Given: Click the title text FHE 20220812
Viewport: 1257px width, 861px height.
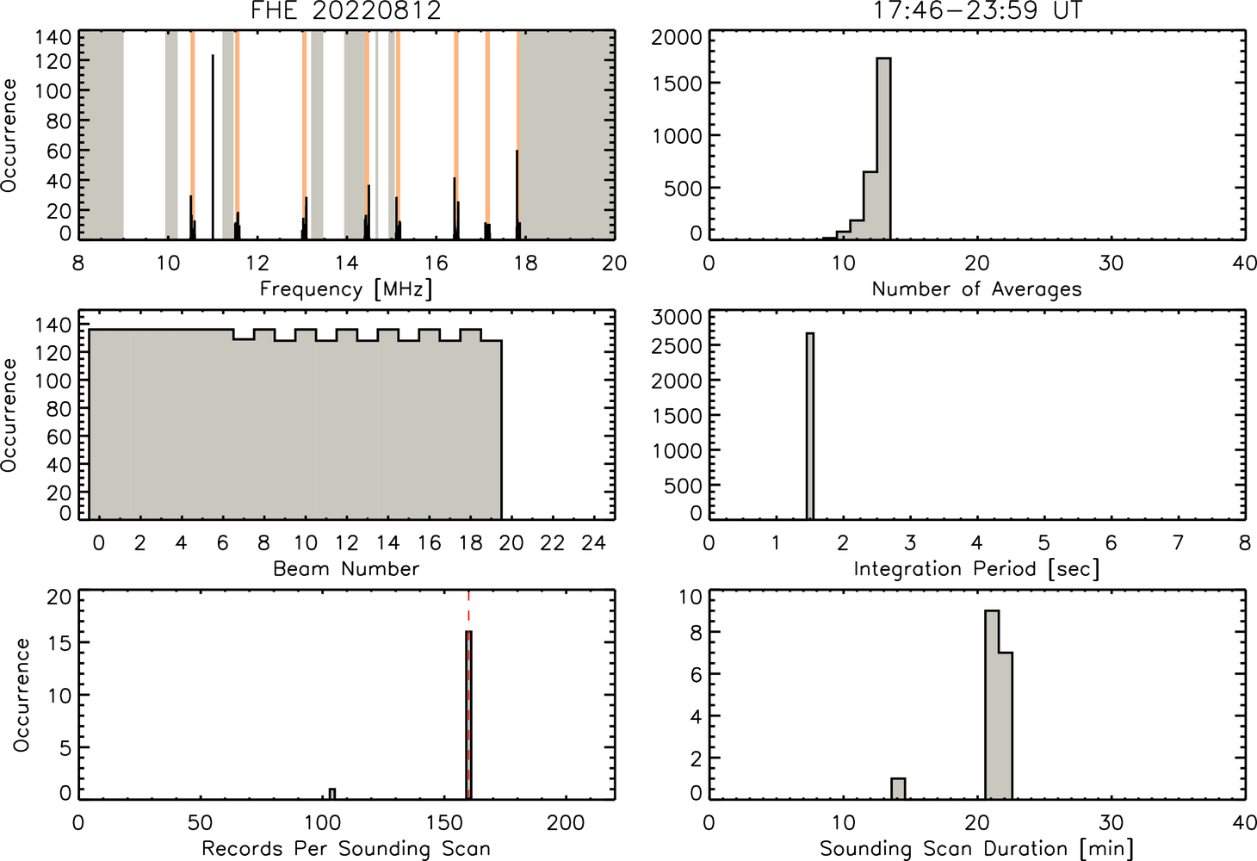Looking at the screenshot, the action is pyautogui.click(x=346, y=10).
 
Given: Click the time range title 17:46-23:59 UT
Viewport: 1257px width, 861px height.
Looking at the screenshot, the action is pyautogui.click(x=977, y=10).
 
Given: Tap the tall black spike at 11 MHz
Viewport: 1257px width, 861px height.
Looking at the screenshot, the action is pyautogui.click(x=213, y=147).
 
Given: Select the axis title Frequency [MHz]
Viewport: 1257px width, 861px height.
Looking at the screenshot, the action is pyautogui.click(x=346, y=289).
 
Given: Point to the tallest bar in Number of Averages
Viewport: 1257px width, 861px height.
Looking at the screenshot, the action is pyautogui.click(x=883, y=149).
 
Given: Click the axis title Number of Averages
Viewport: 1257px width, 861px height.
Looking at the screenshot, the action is pyautogui.click(x=976, y=289).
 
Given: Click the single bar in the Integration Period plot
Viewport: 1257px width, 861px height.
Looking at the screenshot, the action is pyautogui.click(x=810, y=426).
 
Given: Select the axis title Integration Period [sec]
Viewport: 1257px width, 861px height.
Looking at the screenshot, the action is pyautogui.click(x=976, y=569).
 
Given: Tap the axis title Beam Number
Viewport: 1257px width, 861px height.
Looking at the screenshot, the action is pyautogui.click(x=346, y=569).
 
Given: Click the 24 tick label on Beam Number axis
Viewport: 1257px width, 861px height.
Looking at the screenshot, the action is pyautogui.click(x=594, y=542).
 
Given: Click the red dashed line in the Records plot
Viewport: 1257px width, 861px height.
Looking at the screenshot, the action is pyautogui.click(x=468, y=695).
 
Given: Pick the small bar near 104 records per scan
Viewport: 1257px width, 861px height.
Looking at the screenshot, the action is pyautogui.click(x=332, y=794).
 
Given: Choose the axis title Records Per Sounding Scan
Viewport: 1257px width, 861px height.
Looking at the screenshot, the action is pyautogui.click(x=346, y=848).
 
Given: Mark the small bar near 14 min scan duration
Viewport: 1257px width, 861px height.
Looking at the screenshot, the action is pyautogui.click(x=898, y=789).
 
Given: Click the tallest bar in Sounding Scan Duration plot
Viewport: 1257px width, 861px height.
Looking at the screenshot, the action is pyautogui.click(x=992, y=705).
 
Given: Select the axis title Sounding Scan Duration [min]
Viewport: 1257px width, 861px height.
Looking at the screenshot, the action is pyautogui.click(x=976, y=848).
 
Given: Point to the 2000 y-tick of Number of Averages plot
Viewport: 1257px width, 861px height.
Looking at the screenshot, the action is pyautogui.click(x=676, y=38).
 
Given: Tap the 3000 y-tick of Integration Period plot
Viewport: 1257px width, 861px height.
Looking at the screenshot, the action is pyautogui.click(x=676, y=317).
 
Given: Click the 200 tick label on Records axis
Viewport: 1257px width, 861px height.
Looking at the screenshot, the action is pyautogui.click(x=566, y=823).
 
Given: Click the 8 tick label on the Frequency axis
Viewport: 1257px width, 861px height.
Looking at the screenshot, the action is pyautogui.click(x=78, y=263).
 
